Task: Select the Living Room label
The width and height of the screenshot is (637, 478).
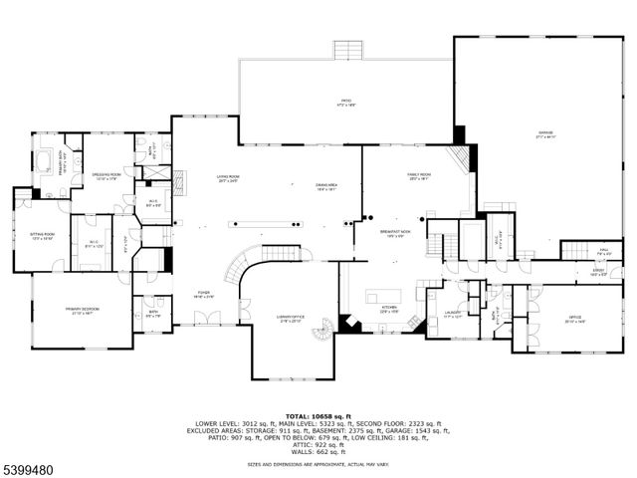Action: [230, 180]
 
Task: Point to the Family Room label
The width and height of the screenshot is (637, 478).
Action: [418, 177]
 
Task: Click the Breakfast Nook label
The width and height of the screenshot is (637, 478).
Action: [396, 233]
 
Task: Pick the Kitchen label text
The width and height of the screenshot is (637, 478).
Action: [390, 310]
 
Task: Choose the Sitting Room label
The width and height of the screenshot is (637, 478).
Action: [42, 236]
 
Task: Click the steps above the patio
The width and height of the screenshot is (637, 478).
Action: [347, 50]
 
